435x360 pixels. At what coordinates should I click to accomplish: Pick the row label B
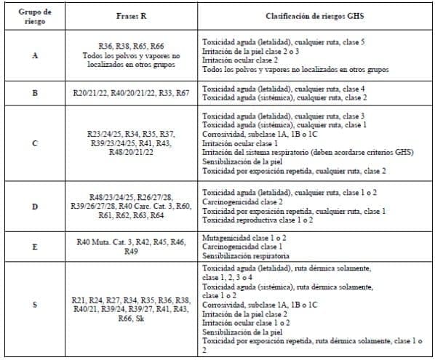35,93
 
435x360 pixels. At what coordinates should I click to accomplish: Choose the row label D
35,206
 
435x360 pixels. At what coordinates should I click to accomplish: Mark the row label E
35,245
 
